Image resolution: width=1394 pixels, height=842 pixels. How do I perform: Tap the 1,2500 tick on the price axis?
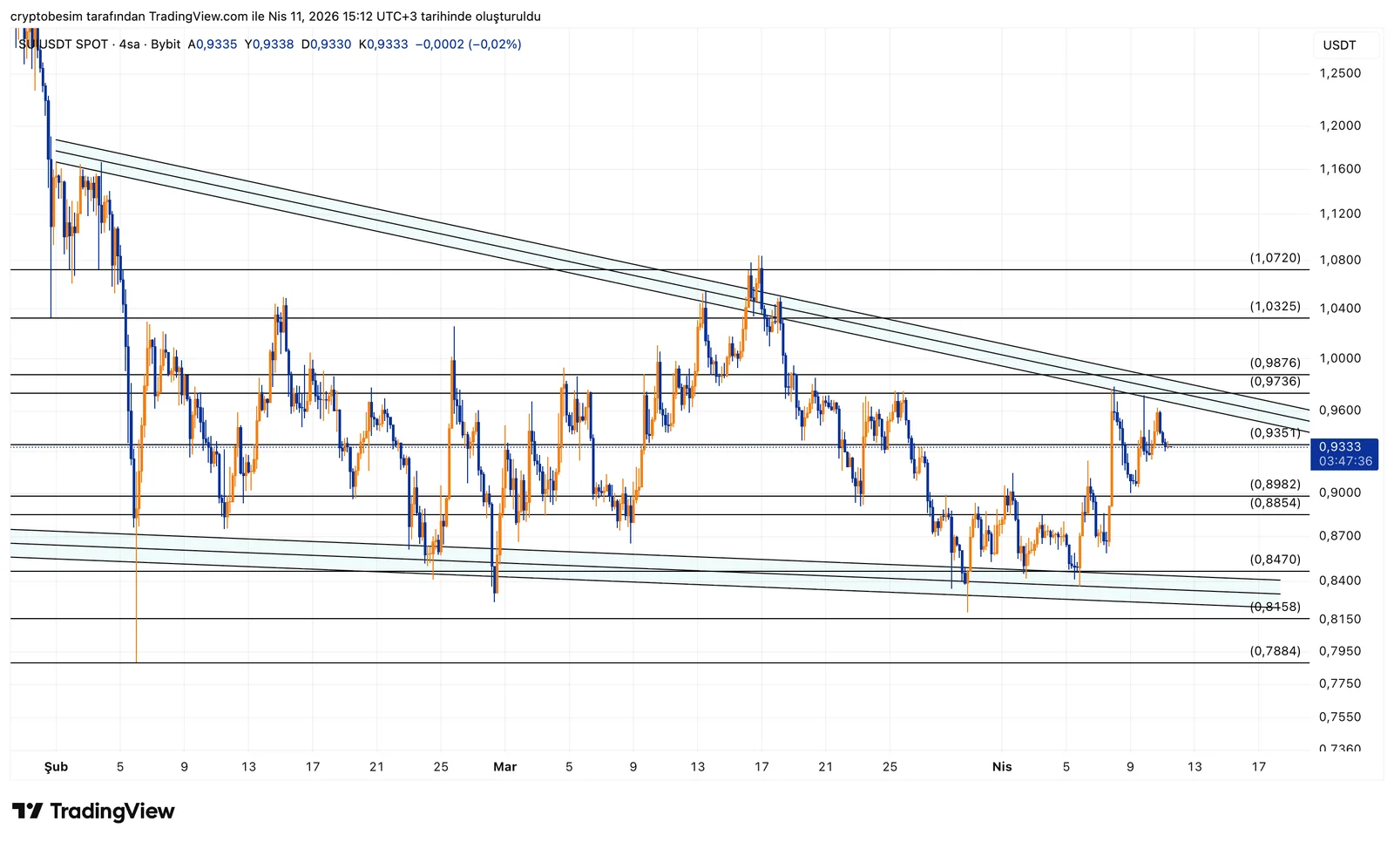coord(1340,73)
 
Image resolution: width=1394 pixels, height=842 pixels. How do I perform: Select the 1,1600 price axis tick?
coord(1340,168)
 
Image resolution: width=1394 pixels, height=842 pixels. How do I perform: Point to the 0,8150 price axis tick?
coord(1340,619)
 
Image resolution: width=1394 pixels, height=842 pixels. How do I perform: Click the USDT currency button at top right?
coord(1339,45)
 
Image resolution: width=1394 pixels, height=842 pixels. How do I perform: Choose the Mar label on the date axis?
coord(504,766)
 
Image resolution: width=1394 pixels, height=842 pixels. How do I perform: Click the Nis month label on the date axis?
coord(1002,766)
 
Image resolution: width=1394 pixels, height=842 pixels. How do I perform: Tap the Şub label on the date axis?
coord(56,766)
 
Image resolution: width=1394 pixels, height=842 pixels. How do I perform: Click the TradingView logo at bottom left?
coord(93,811)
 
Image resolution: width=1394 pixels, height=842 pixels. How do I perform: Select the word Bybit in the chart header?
coord(166,44)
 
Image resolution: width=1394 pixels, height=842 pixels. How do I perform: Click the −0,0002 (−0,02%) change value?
coord(468,44)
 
